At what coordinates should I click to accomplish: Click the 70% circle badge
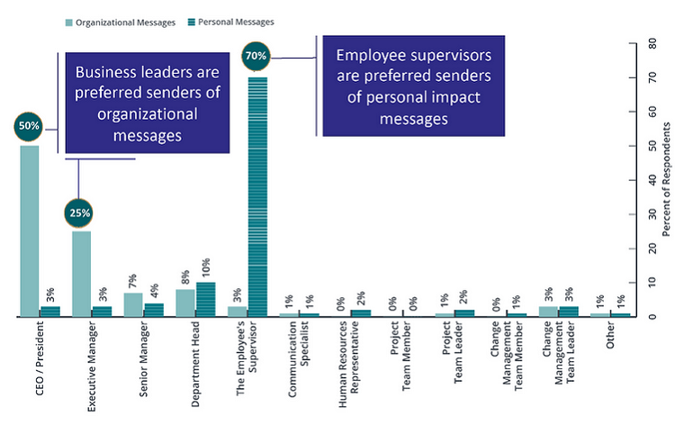(x=256, y=57)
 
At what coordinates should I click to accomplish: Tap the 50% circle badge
(x=28, y=126)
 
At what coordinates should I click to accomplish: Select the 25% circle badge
(x=79, y=212)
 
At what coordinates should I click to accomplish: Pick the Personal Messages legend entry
(x=230, y=22)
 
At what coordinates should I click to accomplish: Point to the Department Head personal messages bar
(x=206, y=299)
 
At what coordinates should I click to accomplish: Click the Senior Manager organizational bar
(x=133, y=304)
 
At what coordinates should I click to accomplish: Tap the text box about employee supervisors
(x=413, y=86)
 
